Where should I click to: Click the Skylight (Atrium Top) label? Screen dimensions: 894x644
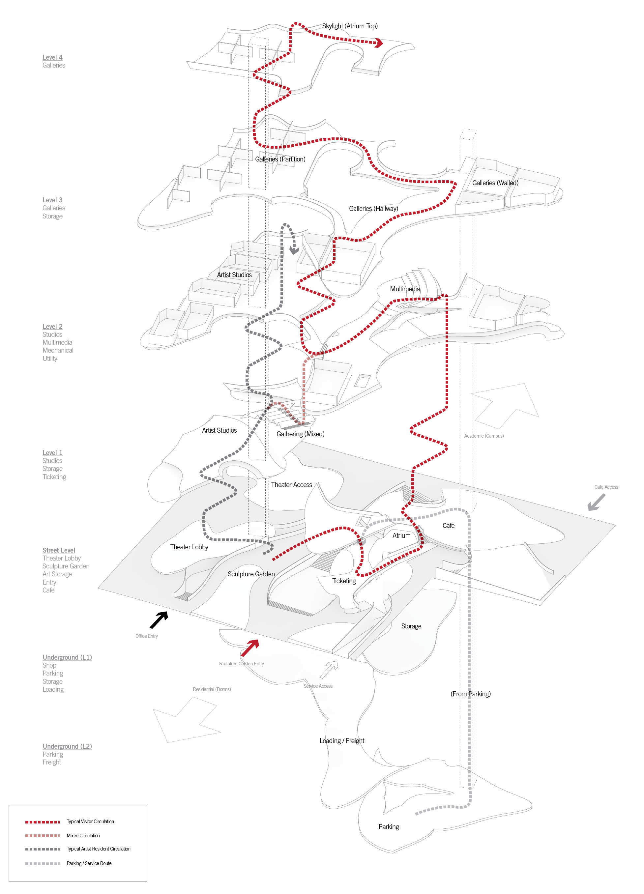349,26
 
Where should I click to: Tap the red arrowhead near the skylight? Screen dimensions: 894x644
379,43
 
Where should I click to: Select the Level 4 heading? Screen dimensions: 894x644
52,57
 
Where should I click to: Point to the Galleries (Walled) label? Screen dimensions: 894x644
495,183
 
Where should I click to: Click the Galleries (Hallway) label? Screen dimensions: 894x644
373,209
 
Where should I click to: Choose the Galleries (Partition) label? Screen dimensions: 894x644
280,159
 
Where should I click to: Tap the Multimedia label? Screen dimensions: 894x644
405,289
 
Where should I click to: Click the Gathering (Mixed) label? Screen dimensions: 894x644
300,434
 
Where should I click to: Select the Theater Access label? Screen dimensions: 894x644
291,485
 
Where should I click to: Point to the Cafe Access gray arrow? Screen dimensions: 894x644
596,503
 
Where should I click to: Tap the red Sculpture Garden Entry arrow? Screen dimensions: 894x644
250,648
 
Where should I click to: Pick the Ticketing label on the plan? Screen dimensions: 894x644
343,581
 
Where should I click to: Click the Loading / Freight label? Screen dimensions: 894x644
341,741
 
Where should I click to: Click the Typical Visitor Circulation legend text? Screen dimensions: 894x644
90,822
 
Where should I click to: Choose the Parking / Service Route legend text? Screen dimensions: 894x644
89,863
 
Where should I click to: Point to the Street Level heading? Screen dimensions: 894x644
59,550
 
